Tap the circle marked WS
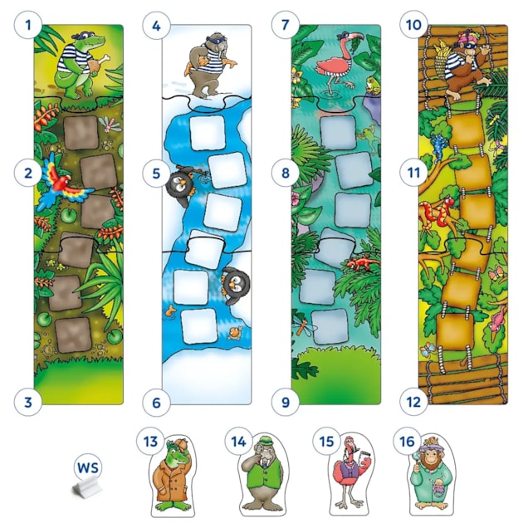86,465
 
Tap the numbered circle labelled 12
413,403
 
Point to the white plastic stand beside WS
86,490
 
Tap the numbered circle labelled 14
238,442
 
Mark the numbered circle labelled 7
285,26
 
